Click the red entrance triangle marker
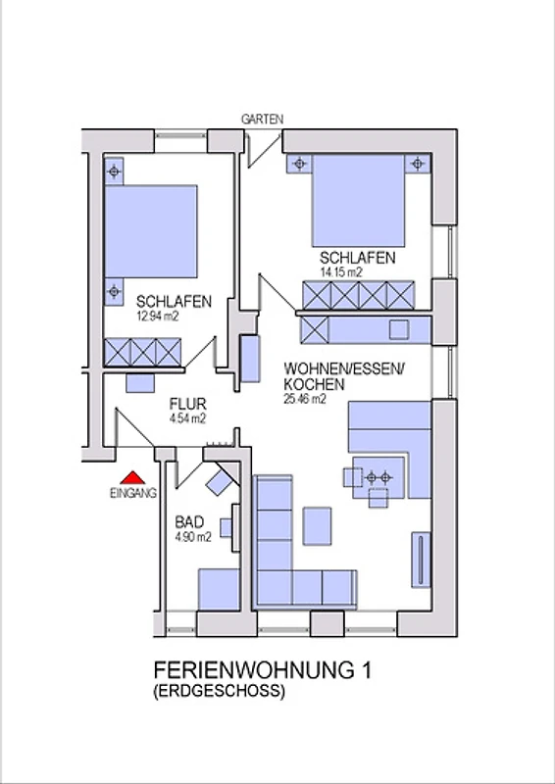132,478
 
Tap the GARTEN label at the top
262,120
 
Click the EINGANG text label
133,493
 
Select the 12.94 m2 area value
158,316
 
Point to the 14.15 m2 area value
341,272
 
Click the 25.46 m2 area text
305,399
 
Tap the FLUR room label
187,404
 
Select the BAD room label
189,522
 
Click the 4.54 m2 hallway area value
187,419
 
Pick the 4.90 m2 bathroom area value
192,537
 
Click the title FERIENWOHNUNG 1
263,670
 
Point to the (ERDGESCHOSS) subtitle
220,692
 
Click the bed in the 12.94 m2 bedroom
151,231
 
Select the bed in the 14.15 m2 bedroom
358,201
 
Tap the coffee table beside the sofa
318,525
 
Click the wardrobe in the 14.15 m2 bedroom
358,295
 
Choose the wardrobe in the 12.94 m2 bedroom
142,352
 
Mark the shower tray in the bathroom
219,589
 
